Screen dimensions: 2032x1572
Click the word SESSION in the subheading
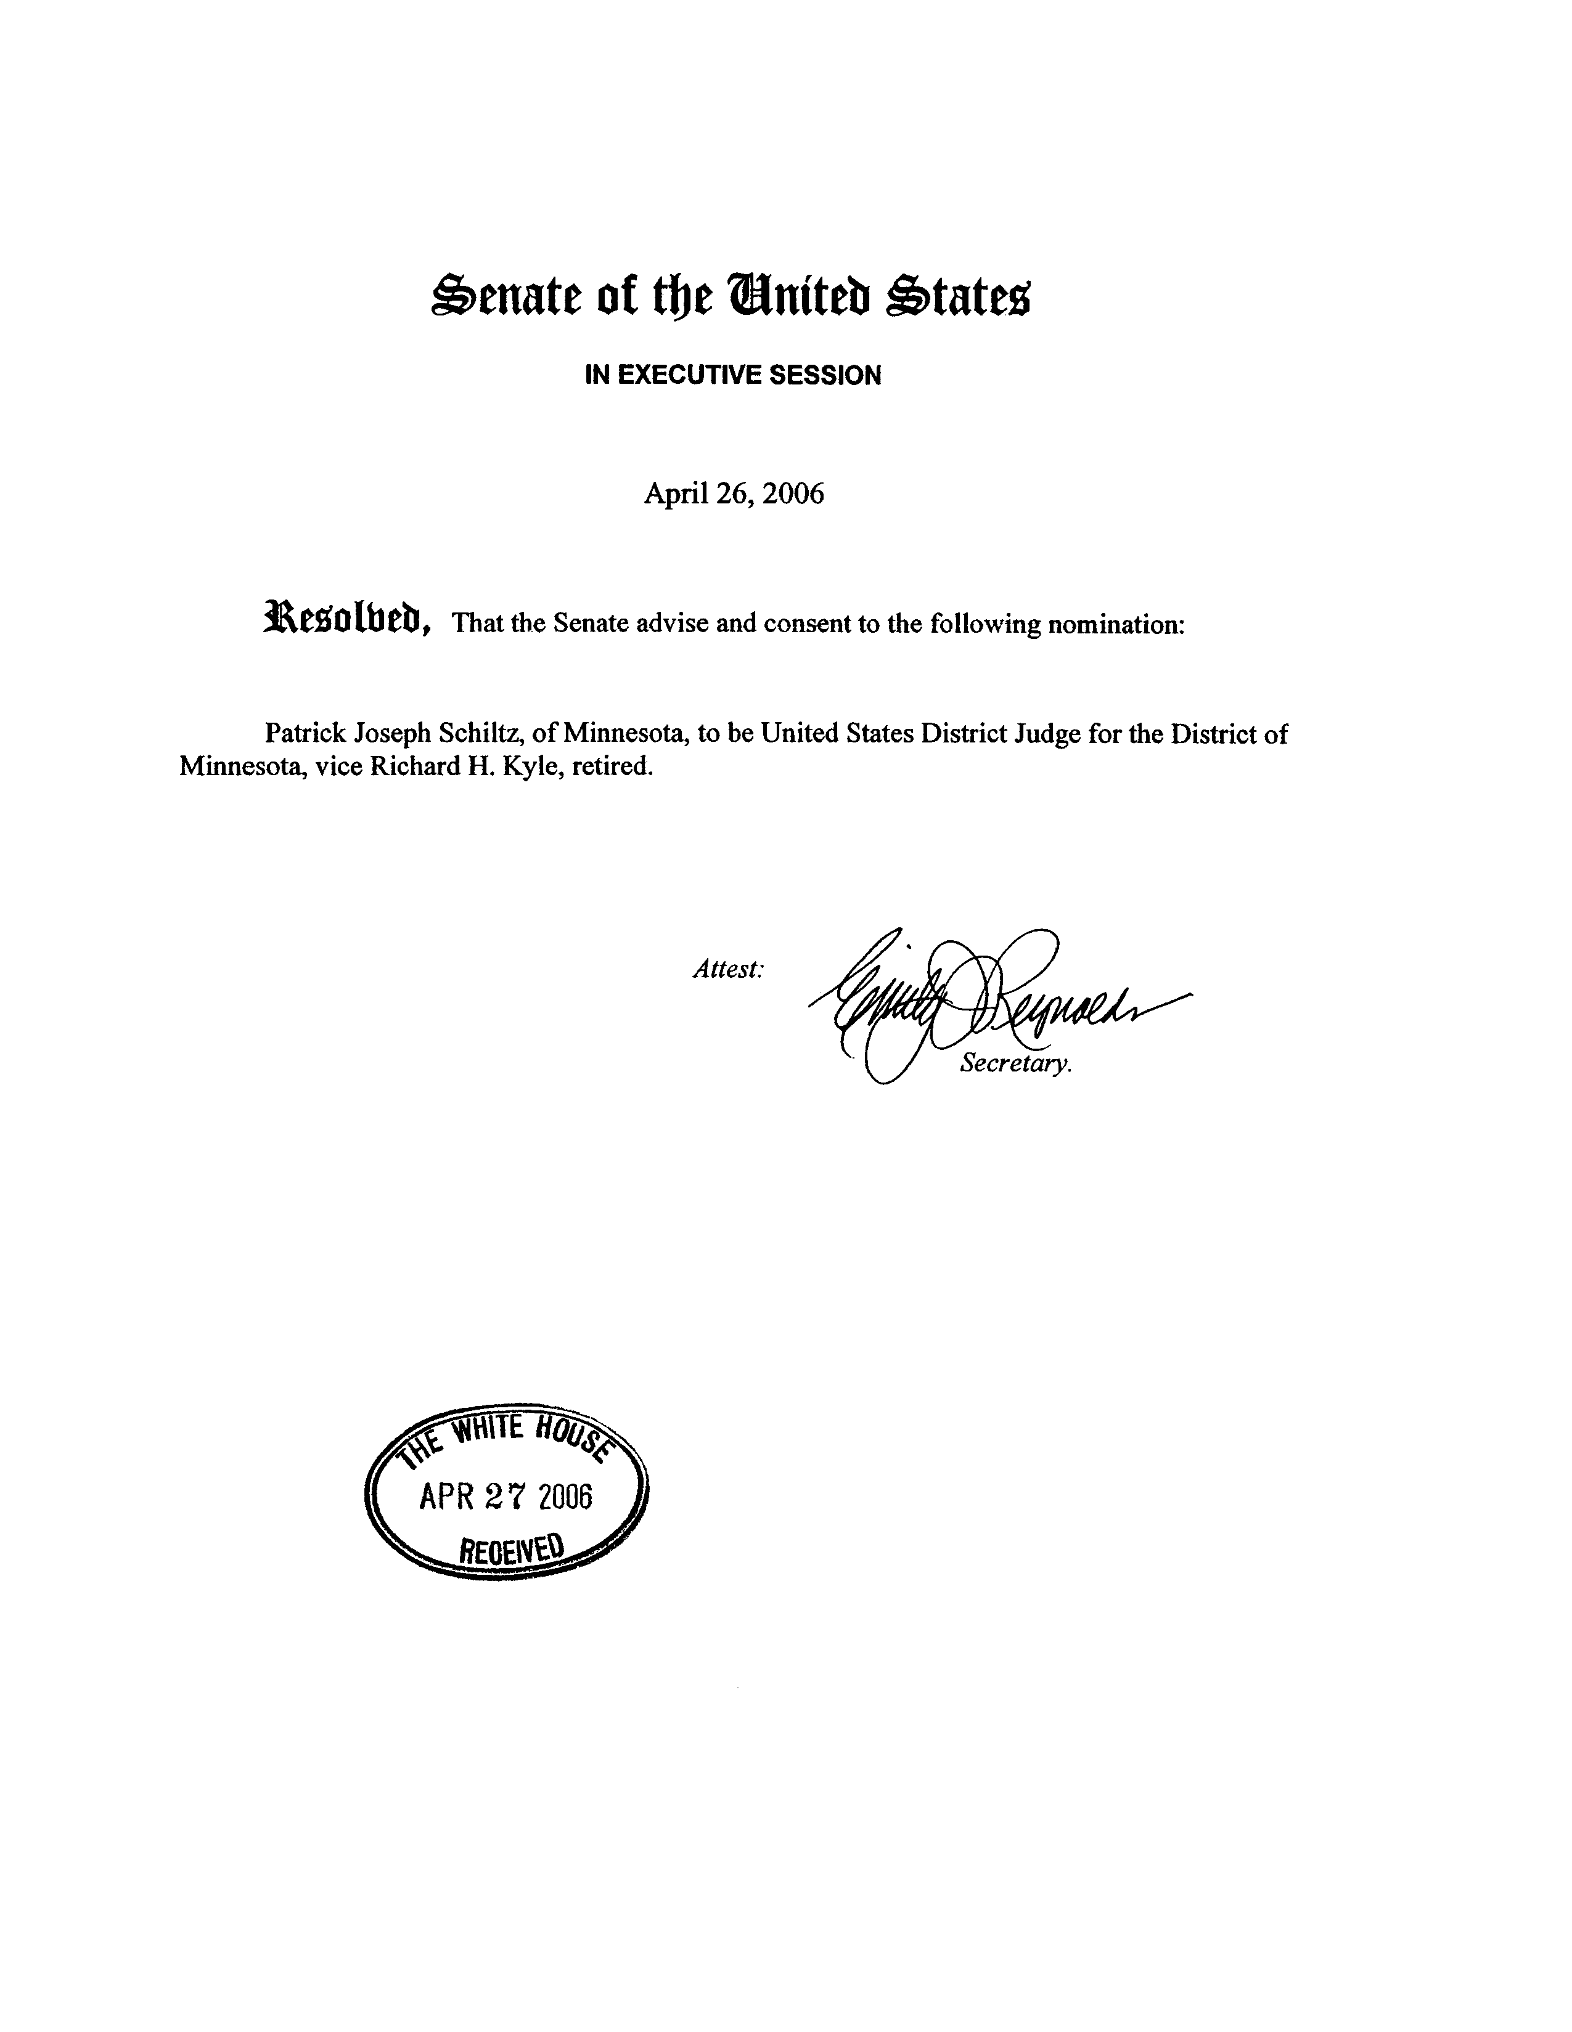pyautogui.click(x=831, y=375)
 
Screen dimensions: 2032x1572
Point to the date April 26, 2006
pyautogui.click(x=734, y=493)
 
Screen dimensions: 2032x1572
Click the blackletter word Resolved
pyautogui.click(x=347, y=618)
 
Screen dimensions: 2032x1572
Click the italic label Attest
pyautogui.click(x=728, y=969)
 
